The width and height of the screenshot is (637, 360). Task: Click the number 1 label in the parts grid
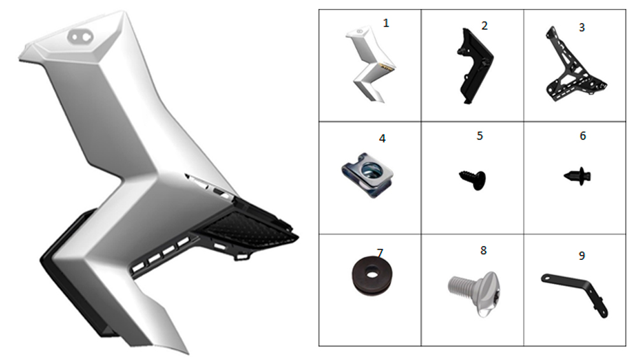[385, 23]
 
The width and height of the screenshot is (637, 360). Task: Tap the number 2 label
[484, 25]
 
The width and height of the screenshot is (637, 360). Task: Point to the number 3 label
[582, 27]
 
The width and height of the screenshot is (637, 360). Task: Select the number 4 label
[382, 138]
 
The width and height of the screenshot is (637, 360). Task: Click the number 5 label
[480, 136]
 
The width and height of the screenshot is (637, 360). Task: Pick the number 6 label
[583, 136]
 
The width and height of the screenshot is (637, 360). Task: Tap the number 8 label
[483, 250]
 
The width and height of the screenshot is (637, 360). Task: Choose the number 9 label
[582, 256]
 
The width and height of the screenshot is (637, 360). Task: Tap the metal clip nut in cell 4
[368, 175]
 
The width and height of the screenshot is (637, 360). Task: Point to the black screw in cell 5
[473, 179]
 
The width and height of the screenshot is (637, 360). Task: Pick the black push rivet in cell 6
[578, 176]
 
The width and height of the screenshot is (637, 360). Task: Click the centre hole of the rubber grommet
[371, 274]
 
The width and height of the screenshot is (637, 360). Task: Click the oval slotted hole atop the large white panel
[80, 37]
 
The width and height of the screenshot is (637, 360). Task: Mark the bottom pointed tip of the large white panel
[188, 353]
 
